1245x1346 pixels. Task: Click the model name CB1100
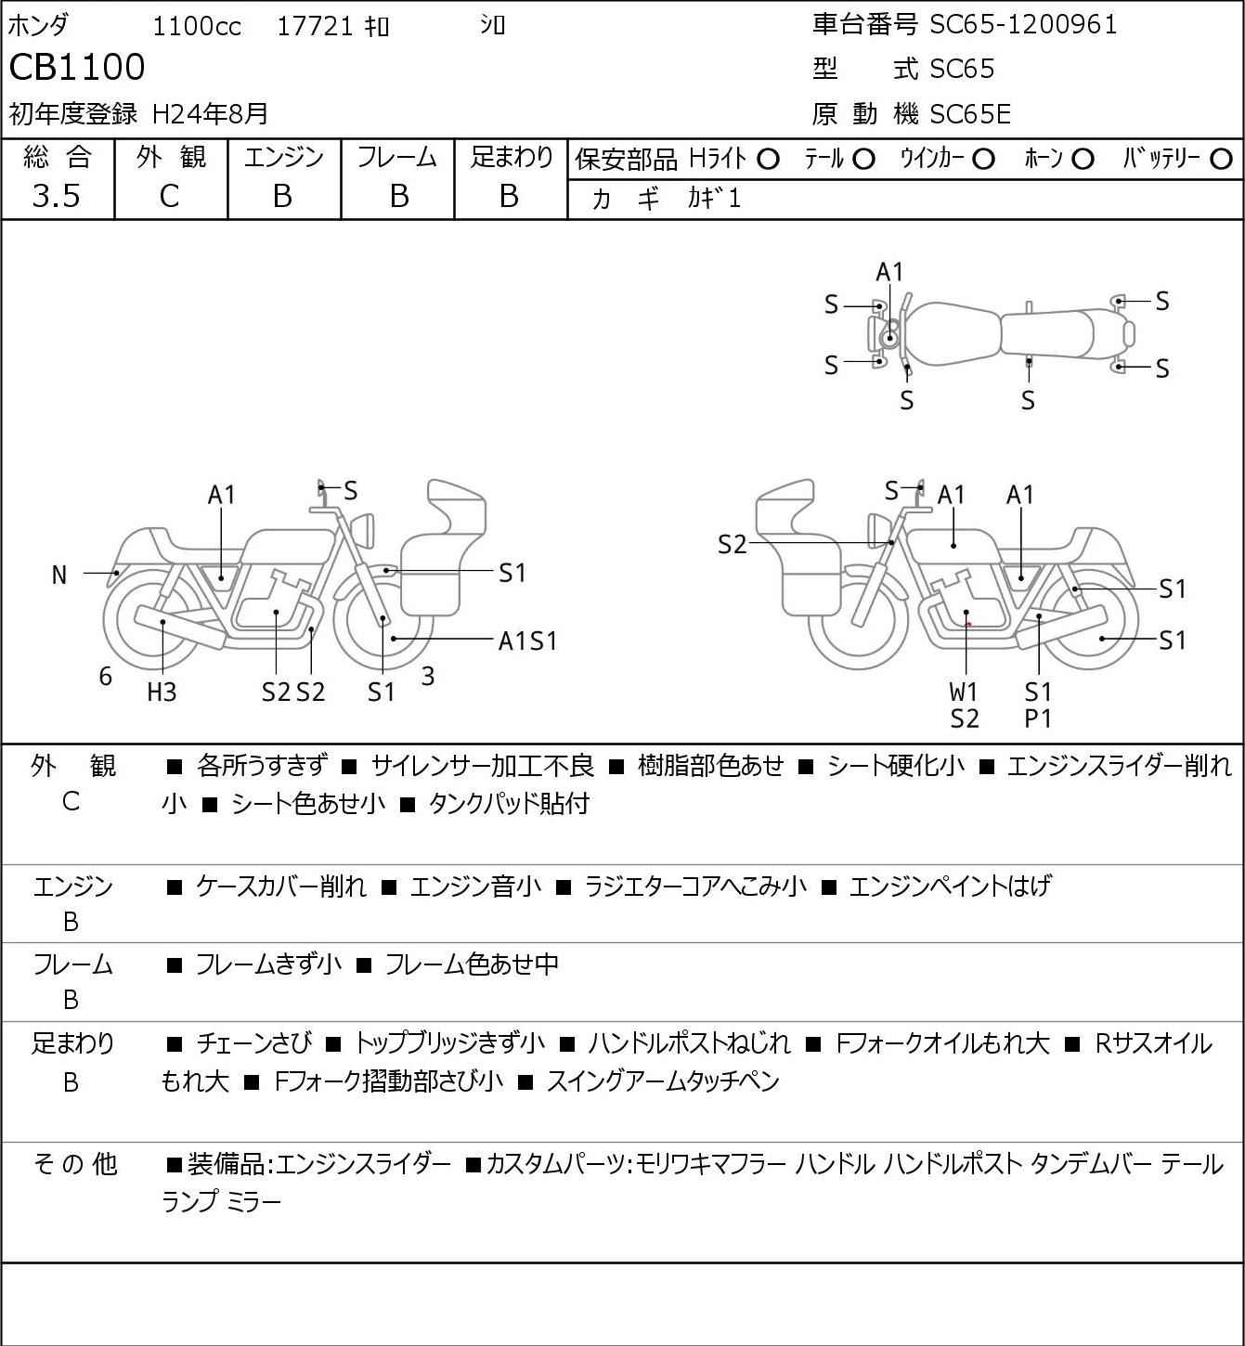[77, 67]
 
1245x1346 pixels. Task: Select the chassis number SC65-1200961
[1023, 25]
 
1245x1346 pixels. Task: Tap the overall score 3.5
[57, 197]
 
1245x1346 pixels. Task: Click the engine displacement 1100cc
[197, 26]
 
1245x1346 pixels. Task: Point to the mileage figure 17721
[315, 26]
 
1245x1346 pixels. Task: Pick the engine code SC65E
[970, 114]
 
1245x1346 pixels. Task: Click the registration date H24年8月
[210, 113]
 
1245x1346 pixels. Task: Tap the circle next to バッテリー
[1221, 160]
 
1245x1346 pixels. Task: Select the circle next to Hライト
[768, 160]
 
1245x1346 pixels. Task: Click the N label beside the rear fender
[59, 576]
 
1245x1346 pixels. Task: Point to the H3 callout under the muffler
[162, 692]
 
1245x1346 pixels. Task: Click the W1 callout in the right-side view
[963, 692]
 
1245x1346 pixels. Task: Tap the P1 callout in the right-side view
[1038, 718]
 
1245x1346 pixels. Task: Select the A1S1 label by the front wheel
[527, 641]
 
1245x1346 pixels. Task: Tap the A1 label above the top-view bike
[889, 273]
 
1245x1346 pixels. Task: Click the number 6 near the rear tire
[105, 677]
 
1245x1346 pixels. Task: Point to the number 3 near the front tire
[427, 676]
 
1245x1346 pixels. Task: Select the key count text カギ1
[714, 199]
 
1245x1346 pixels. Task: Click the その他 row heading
[75, 1164]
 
